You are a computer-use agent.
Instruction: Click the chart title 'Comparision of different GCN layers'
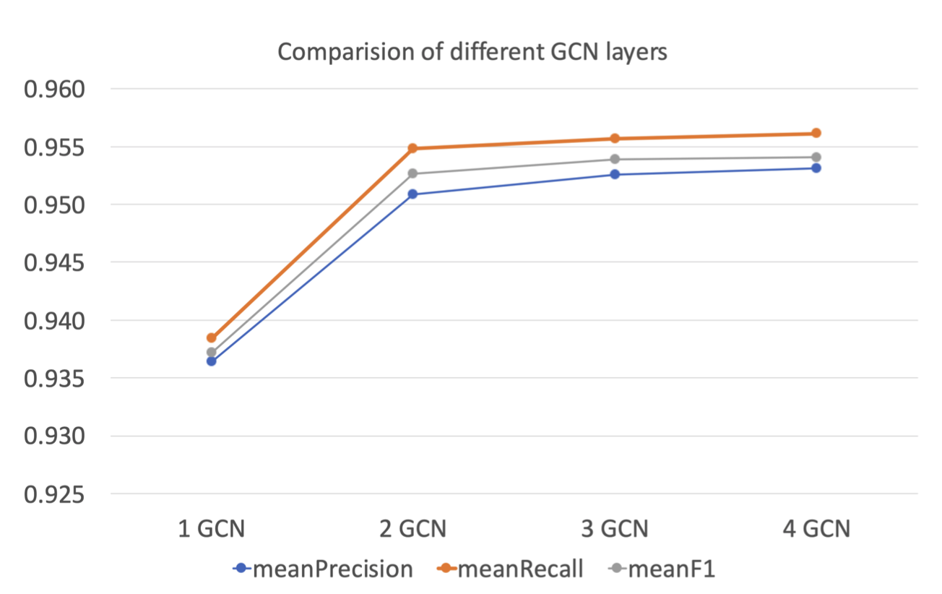(472, 52)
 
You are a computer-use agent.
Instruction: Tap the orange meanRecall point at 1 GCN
(211, 337)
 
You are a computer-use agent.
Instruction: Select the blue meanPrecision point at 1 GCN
(211, 361)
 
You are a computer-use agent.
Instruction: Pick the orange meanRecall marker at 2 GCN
(412, 148)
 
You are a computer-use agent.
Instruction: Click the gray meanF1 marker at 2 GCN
(412, 173)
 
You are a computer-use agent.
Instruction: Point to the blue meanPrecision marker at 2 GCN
(412, 194)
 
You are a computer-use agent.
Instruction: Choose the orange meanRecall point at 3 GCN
(615, 138)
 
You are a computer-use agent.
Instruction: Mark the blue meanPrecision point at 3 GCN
(615, 174)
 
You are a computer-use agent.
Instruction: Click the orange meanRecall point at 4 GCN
(816, 133)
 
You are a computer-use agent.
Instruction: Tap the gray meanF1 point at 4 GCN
(816, 157)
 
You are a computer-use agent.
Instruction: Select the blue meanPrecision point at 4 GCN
(816, 168)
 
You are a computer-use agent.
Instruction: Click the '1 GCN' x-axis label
(212, 529)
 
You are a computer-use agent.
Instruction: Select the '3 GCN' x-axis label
(615, 529)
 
